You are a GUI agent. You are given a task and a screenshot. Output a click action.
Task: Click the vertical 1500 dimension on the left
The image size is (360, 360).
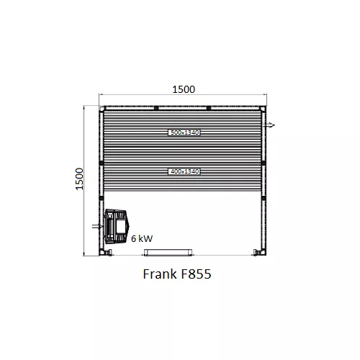click(80, 180)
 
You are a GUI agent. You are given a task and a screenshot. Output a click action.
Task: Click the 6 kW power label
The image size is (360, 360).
click(141, 237)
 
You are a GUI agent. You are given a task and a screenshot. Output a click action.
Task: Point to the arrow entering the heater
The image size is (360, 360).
click(98, 226)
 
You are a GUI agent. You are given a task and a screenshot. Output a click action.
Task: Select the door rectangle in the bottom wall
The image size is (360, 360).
click(168, 252)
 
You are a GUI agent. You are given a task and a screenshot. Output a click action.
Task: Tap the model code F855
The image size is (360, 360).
click(197, 275)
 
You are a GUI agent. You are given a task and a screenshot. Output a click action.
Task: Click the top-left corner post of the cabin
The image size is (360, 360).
click(102, 109)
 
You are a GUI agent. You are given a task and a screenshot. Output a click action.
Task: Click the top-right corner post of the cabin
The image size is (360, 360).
click(263, 109)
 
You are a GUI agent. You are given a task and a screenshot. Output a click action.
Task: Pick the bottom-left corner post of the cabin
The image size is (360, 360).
click(102, 253)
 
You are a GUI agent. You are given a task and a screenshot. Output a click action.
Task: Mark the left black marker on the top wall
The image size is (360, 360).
click(156, 108)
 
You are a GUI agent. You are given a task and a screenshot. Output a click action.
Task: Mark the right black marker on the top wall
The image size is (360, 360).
click(208, 108)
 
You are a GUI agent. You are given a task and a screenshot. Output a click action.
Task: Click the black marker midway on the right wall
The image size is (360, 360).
click(264, 163)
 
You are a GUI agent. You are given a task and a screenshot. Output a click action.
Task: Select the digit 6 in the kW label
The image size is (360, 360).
click(133, 237)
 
